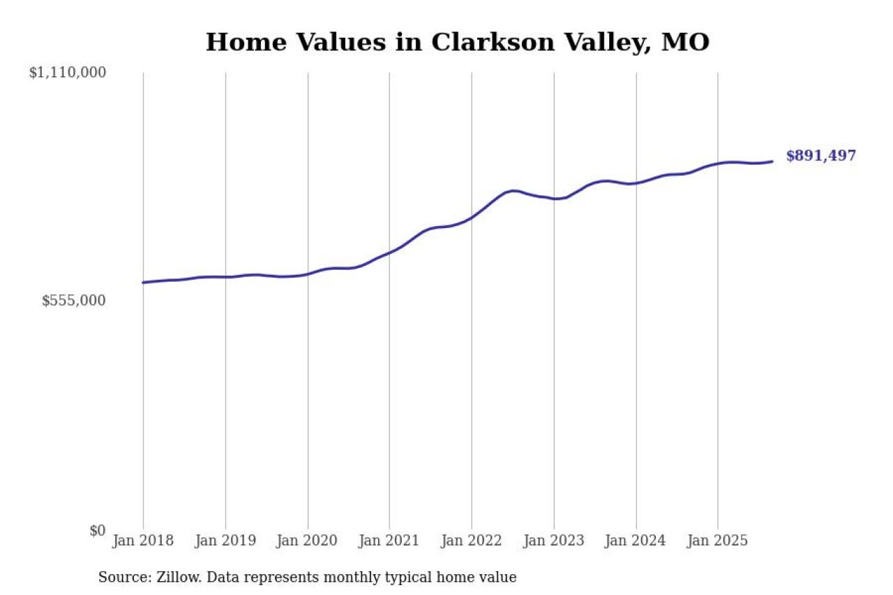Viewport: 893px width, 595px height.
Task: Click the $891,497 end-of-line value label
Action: click(820, 156)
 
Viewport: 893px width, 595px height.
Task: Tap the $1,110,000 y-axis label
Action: click(67, 73)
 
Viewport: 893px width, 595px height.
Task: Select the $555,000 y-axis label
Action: click(74, 301)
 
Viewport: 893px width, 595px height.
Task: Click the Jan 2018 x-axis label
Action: click(143, 541)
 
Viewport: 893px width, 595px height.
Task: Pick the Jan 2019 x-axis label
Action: click(225, 541)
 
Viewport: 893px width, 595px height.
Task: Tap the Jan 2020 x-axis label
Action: click(308, 541)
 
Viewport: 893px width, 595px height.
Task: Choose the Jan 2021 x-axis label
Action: click(389, 541)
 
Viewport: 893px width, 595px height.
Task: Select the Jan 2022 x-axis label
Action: click(472, 541)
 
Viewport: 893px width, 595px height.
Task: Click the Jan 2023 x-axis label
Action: click(554, 541)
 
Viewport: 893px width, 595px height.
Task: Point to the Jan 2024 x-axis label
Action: click(636, 541)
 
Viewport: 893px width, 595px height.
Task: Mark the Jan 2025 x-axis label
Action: click(718, 541)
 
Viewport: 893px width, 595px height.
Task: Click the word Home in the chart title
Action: click(238, 43)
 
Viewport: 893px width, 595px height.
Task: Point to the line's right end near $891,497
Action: click(772, 161)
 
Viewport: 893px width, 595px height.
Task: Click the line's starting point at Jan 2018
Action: click(143, 283)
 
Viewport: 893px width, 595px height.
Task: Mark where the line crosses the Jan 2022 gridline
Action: click(472, 218)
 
